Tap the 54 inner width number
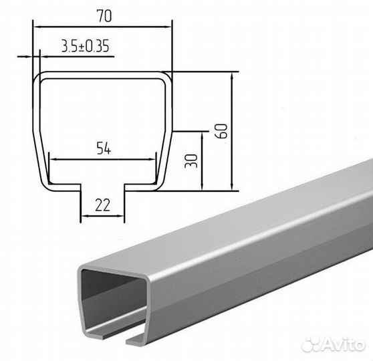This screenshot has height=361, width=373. click(104, 148)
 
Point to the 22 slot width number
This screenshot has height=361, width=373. click(102, 205)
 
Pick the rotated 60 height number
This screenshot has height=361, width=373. click(223, 130)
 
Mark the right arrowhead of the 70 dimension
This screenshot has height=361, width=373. click(169, 27)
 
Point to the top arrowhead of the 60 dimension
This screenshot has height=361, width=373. click(232, 76)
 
